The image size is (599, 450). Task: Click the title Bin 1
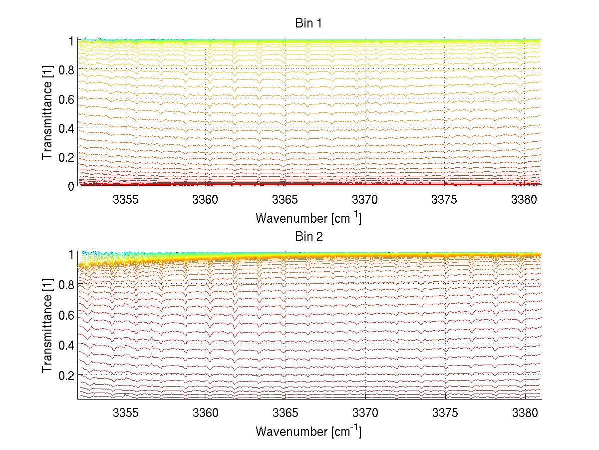[308, 23]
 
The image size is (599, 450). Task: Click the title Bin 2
[308, 237]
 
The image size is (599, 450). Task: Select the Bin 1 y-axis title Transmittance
[47, 113]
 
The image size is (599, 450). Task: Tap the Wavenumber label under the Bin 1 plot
[308, 218]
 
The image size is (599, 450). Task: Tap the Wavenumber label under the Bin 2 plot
[308, 432]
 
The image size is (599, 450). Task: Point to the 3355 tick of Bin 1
[126, 200]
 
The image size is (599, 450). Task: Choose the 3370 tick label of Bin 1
[365, 200]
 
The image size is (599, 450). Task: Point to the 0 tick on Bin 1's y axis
[71, 186]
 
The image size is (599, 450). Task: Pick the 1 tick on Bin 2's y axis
[71, 254]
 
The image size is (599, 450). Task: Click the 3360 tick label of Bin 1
[206, 200]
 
